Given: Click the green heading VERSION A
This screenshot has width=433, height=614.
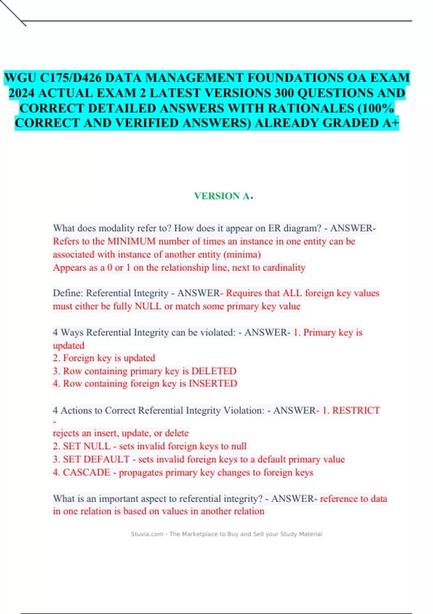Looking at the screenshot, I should pos(222,196).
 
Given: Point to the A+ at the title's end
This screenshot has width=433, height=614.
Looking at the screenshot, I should pos(390,123).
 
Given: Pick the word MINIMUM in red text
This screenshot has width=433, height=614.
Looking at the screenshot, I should pos(131,241).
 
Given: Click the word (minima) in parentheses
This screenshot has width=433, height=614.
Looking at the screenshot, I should pos(242,254).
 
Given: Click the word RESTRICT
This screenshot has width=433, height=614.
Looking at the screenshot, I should pos(356,410).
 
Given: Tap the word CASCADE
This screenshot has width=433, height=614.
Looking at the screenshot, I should pos(87,472).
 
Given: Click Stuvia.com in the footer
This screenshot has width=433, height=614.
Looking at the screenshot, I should pos(147,534).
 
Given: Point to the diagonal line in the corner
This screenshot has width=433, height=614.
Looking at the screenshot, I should pos(13,13).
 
